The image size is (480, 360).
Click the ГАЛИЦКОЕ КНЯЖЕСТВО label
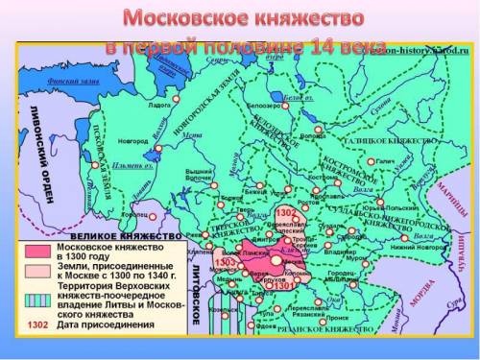pyautogui.click(x=397, y=140)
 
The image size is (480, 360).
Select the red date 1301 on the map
pyautogui.click(x=284, y=284)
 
